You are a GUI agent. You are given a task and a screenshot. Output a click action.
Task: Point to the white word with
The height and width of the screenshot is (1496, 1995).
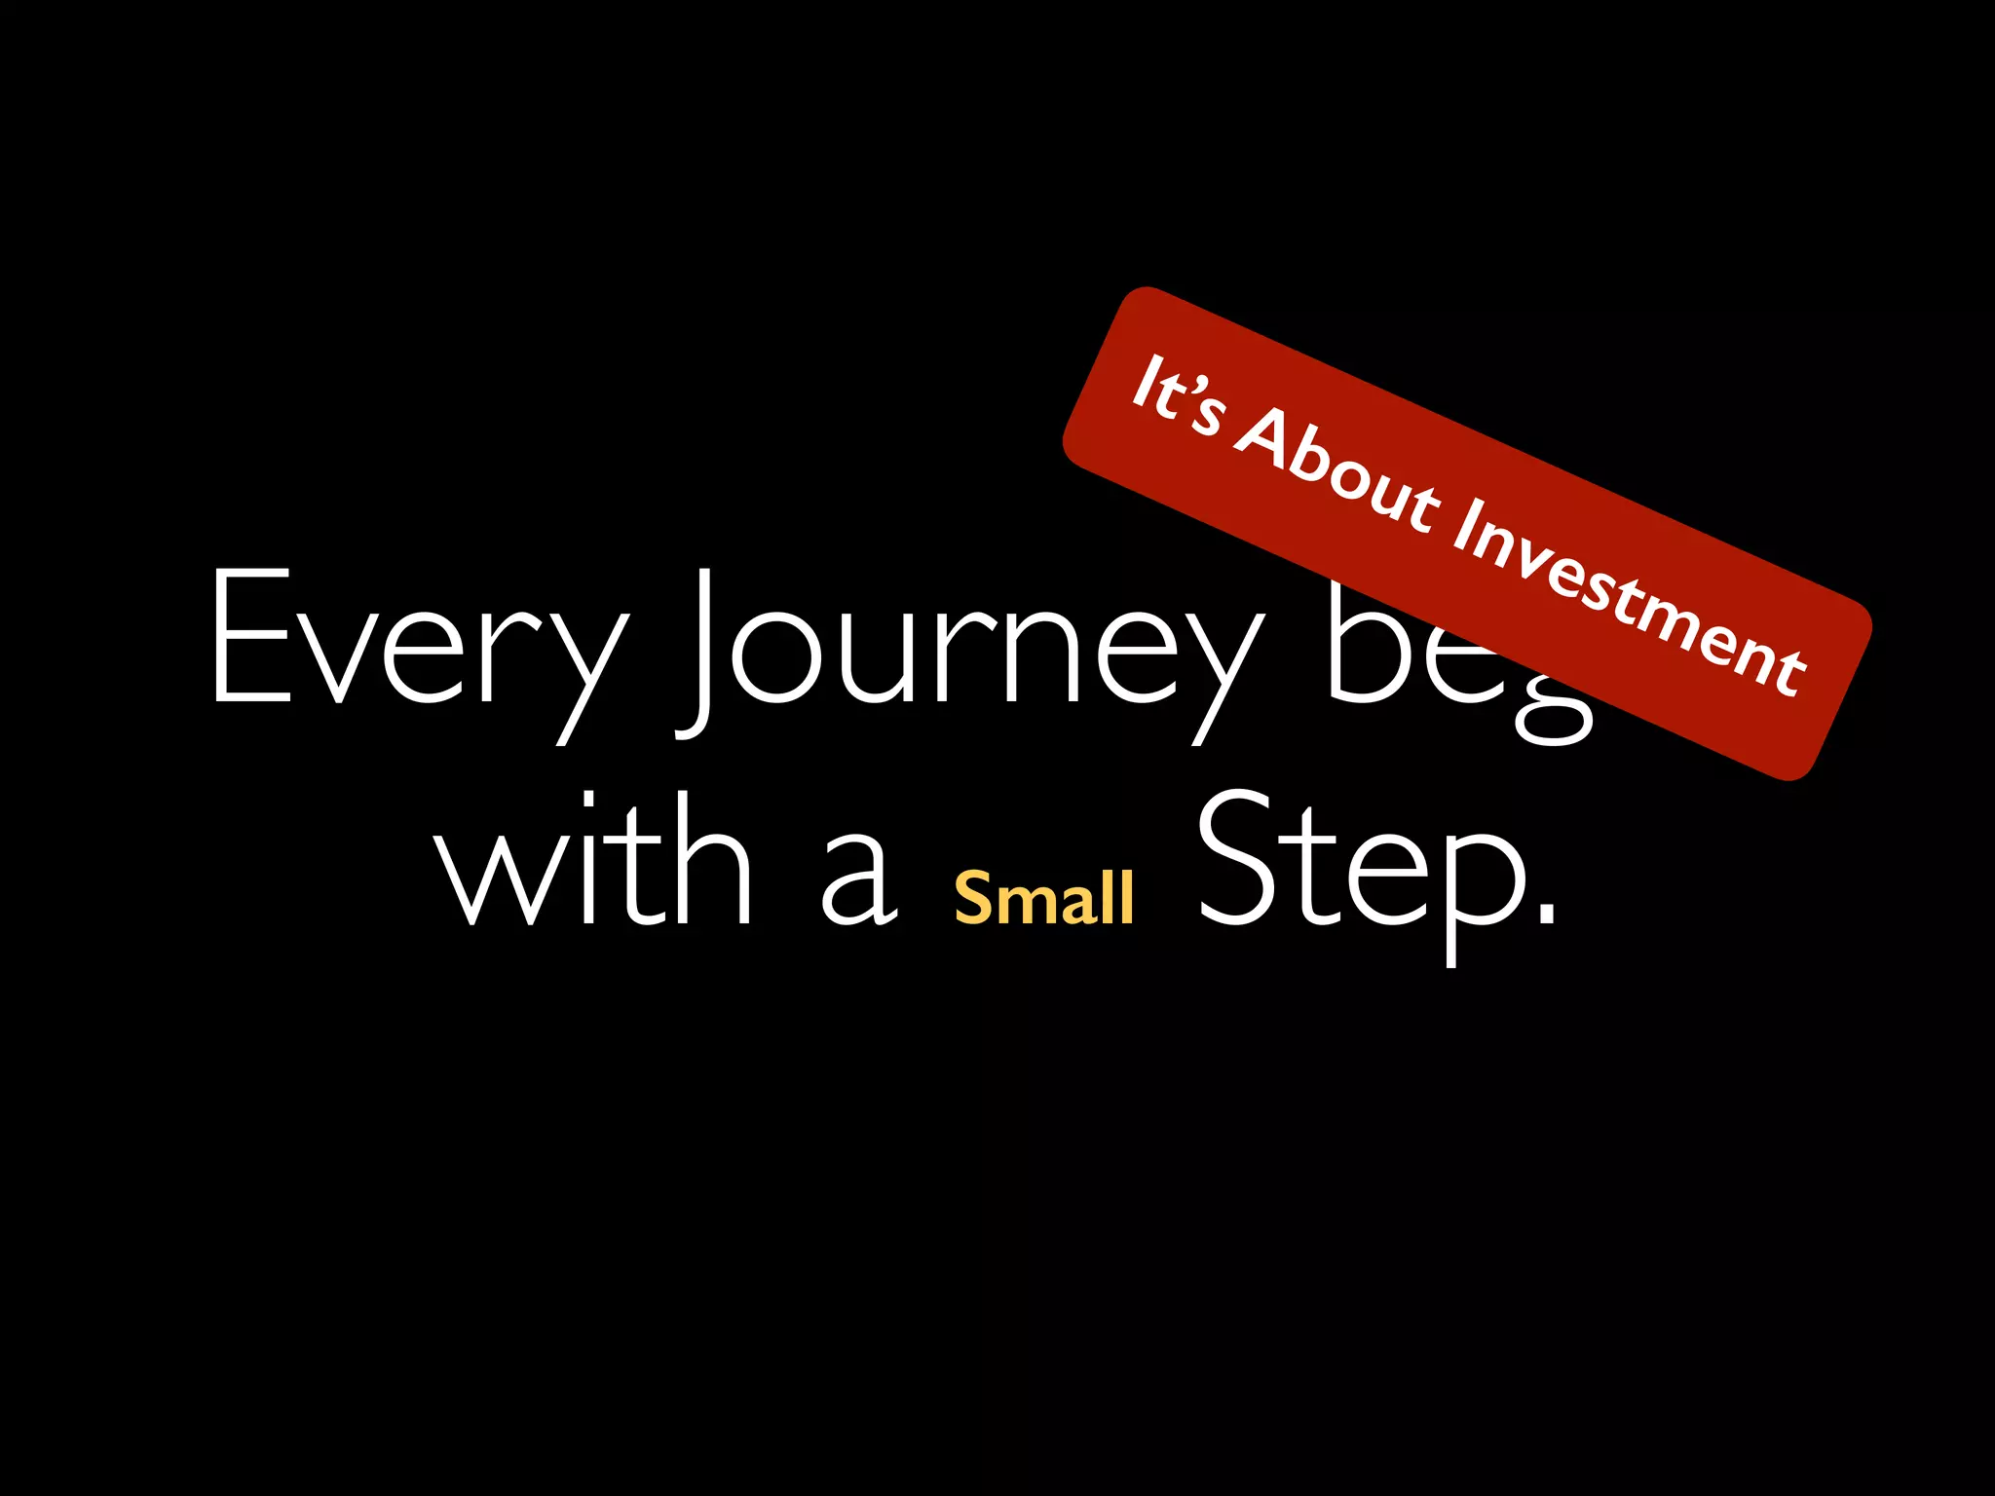click(594, 862)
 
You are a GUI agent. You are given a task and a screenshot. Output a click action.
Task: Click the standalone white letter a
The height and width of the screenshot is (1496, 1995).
click(857, 881)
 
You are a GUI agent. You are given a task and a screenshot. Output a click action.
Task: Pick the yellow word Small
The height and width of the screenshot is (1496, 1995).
click(1044, 897)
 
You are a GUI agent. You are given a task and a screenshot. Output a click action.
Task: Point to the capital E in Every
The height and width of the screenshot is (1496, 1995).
click(252, 635)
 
